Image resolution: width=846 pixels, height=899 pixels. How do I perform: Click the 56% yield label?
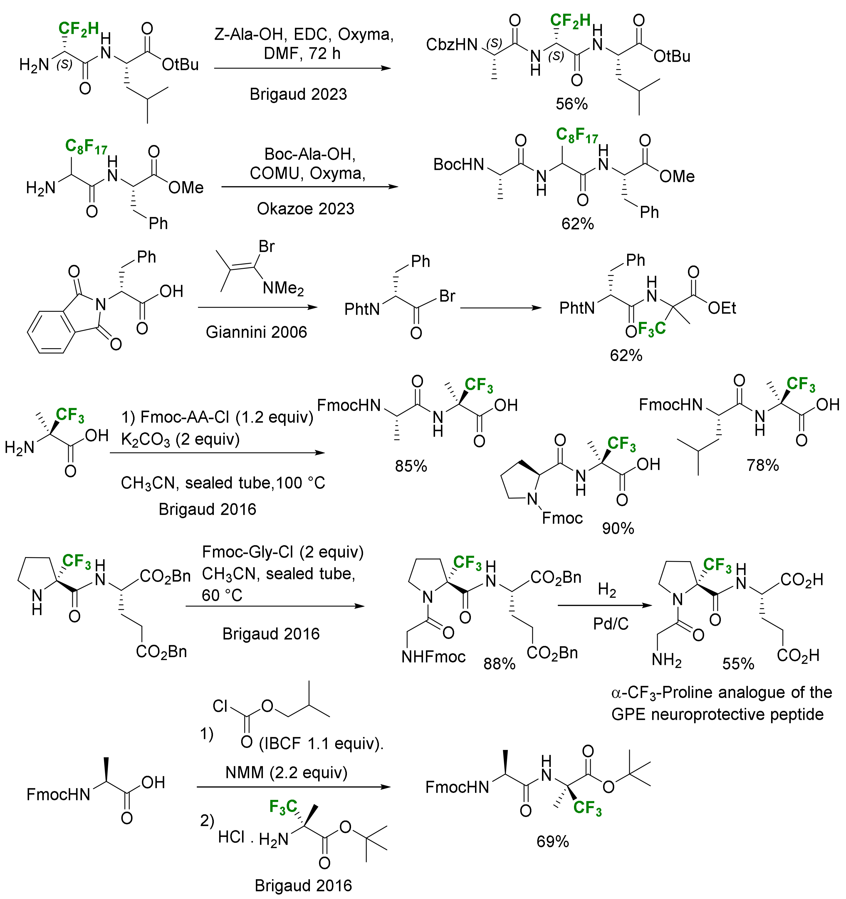[572, 104]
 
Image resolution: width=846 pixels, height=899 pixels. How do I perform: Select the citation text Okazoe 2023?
[306, 209]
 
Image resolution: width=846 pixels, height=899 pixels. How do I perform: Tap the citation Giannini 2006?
[256, 332]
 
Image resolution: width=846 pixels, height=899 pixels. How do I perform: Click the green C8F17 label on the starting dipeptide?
[86, 146]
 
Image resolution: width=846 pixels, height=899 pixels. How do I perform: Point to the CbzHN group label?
[452, 44]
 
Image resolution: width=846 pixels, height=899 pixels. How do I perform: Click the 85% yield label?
[411, 466]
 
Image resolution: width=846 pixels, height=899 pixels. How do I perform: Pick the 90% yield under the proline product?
[618, 528]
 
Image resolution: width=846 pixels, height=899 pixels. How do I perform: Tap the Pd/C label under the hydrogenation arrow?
[611, 624]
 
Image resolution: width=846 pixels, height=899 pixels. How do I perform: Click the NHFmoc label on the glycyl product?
[434, 657]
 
